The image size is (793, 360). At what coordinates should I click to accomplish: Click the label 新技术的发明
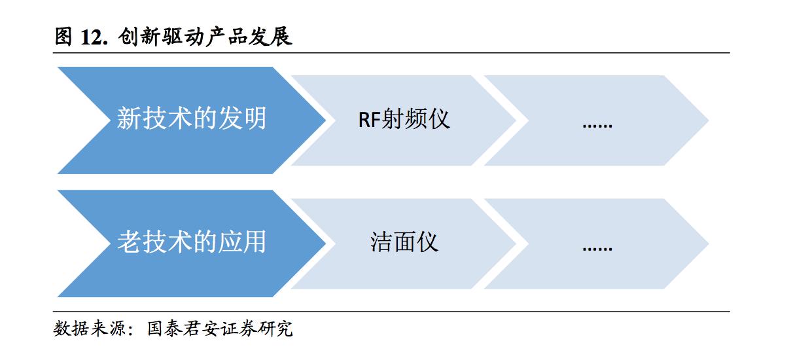pyautogui.click(x=192, y=119)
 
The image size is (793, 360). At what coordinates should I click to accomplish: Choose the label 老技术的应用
pyautogui.click(x=192, y=242)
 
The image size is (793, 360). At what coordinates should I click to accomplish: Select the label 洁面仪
pyautogui.click(x=404, y=242)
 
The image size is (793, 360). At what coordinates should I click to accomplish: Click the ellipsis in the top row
pyautogui.click(x=597, y=122)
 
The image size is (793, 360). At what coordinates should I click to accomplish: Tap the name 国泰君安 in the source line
pyautogui.click(x=175, y=329)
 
